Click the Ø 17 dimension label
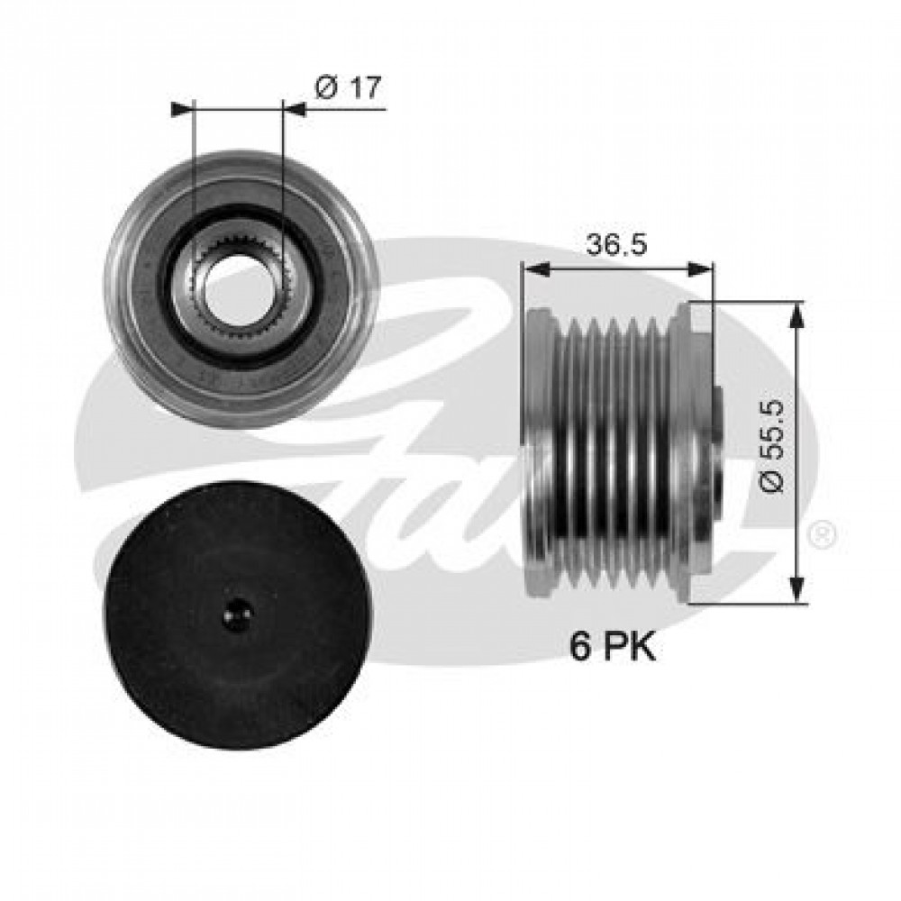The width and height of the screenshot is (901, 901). [x=348, y=88]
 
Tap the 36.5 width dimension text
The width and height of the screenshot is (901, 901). [x=616, y=245]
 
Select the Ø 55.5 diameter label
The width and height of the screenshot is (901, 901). [x=772, y=446]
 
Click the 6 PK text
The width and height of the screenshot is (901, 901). [x=613, y=646]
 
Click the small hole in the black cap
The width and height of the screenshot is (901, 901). [x=237, y=614]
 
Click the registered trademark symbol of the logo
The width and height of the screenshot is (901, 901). [x=823, y=535]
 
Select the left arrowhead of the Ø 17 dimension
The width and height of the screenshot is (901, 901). [x=183, y=109]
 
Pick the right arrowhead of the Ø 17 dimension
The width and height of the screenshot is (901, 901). [x=295, y=109]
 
